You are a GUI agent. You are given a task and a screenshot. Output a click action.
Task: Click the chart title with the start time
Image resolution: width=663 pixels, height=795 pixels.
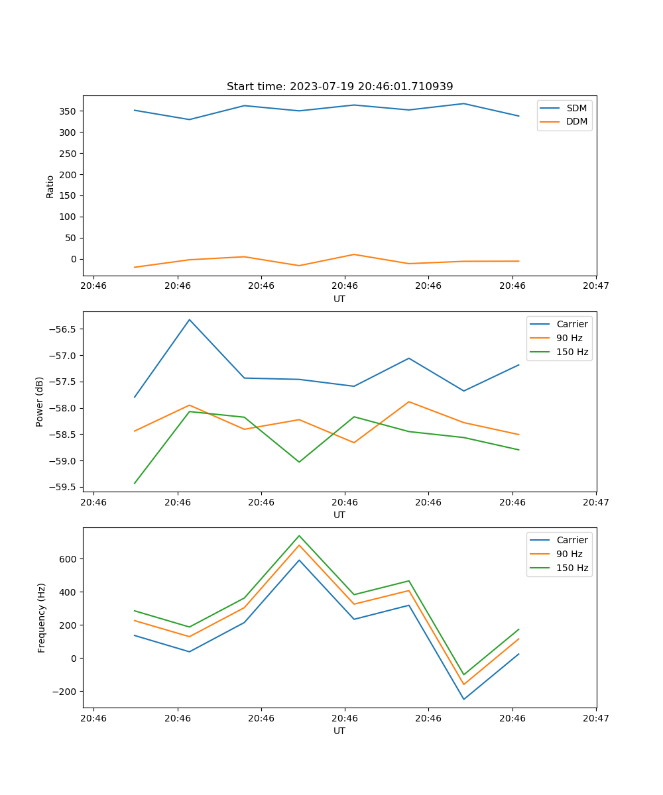(x=339, y=87)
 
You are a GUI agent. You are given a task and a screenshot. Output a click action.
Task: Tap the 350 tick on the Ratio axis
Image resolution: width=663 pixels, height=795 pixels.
(x=68, y=111)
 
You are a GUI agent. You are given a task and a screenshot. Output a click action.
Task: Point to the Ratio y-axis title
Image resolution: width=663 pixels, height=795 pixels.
(x=50, y=186)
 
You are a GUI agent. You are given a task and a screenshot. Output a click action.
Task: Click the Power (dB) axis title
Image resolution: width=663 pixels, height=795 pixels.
(x=40, y=401)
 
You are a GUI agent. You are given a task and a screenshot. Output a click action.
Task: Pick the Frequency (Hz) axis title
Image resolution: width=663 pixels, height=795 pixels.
(x=42, y=617)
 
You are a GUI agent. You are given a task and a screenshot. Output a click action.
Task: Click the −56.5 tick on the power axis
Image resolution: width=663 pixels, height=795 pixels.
(x=62, y=329)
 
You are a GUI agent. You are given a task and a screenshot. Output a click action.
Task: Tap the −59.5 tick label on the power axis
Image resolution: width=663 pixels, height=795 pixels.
(x=62, y=487)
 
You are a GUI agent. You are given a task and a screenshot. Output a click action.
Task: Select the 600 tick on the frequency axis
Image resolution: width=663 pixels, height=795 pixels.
(x=68, y=559)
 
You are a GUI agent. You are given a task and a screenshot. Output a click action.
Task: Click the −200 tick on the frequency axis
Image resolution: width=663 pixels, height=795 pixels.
(x=65, y=692)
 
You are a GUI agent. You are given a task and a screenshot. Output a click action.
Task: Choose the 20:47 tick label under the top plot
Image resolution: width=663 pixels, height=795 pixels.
(x=596, y=286)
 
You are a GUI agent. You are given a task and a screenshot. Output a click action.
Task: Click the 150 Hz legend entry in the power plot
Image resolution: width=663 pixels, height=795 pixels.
(x=572, y=352)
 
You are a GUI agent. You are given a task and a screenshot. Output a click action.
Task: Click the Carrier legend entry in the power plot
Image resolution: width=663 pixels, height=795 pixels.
(x=572, y=324)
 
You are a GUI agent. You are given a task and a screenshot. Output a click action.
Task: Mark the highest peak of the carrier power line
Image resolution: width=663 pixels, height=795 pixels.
(x=190, y=320)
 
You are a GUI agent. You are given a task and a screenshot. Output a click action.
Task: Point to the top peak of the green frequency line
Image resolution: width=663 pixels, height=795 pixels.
(x=299, y=535)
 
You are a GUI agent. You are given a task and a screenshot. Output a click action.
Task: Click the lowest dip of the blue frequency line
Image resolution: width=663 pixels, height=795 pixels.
(x=463, y=699)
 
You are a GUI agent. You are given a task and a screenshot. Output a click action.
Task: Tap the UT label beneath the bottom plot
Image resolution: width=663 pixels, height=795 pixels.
(x=339, y=731)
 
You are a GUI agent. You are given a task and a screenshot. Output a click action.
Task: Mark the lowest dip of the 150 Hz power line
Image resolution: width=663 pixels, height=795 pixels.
(x=135, y=483)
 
